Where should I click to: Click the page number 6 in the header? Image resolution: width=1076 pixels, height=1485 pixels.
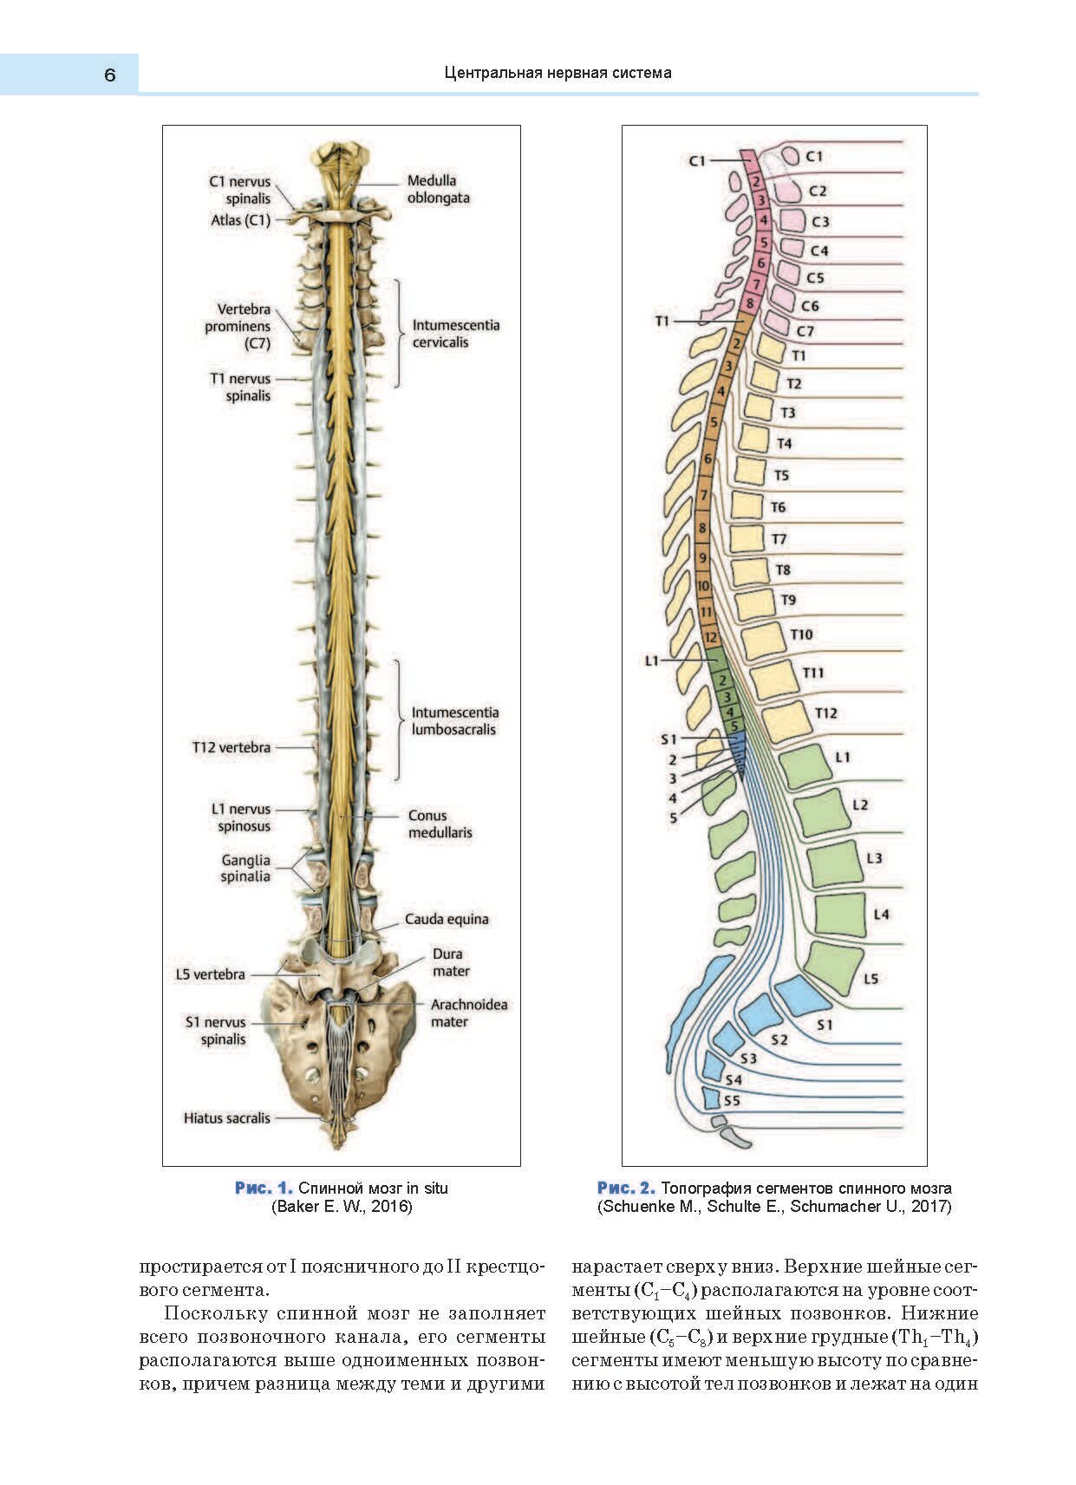[x=109, y=75]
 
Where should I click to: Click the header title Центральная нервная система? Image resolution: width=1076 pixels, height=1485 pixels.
[x=558, y=73]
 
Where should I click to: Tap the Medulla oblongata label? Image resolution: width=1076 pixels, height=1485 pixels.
[x=438, y=189]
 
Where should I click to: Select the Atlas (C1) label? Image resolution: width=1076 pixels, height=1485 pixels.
[x=240, y=220]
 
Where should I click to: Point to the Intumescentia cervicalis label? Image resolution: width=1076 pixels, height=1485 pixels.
[x=455, y=334]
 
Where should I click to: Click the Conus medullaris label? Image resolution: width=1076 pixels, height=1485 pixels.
[x=440, y=824]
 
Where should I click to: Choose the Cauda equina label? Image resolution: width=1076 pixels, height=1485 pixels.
[x=447, y=919]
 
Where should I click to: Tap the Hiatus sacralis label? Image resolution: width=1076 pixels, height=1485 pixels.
[x=226, y=1118]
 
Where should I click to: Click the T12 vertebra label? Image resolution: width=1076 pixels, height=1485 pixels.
[x=231, y=747]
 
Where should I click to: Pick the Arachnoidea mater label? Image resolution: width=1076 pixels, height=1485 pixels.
[x=468, y=1013]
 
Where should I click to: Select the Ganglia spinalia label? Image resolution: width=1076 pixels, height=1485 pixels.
[x=245, y=868]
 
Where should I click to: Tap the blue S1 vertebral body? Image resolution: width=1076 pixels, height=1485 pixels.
[x=802, y=995]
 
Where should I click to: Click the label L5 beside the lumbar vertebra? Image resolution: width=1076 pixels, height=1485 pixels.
[x=871, y=979]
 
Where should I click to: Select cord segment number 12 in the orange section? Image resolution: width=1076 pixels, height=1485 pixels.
[x=711, y=638]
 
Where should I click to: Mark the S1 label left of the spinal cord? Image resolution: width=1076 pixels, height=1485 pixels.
[x=668, y=739]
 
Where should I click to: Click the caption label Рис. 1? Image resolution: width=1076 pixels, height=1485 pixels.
[x=264, y=1188]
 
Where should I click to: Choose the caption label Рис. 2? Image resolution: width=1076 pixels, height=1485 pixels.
[x=625, y=1188]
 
